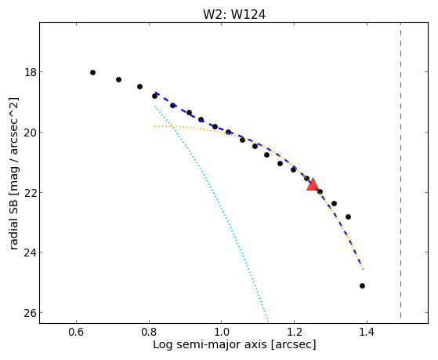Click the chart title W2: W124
click(x=234, y=14)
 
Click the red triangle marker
click(x=313, y=184)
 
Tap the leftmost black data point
click(x=92, y=73)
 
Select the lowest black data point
click(x=362, y=285)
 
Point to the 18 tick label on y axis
click(x=31, y=72)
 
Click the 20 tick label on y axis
click(x=31, y=133)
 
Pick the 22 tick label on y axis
click(x=31, y=192)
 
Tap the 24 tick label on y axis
click(x=31, y=253)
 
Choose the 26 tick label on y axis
click(x=31, y=313)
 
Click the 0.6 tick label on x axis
click(x=76, y=332)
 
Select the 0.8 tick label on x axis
click(x=149, y=332)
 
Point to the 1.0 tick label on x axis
click(x=222, y=332)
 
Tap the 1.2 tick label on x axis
click(x=294, y=332)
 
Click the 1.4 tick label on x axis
click(x=367, y=332)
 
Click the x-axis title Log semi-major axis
click(x=209, y=344)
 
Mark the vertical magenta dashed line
click(x=401, y=170)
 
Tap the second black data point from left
click(x=119, y=80)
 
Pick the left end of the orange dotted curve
click(x=156, y=126)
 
